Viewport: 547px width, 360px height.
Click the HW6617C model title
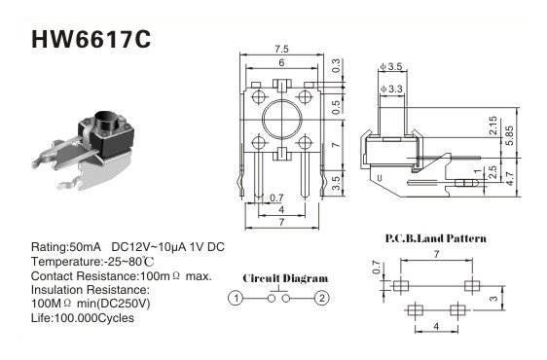(91, 39)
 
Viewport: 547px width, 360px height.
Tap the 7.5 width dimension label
(281, 50)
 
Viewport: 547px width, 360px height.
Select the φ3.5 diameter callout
(392, 66)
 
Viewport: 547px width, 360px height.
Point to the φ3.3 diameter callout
(391, 89)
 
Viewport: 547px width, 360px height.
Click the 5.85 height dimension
(510, 135)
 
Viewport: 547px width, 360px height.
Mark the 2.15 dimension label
(492, 126)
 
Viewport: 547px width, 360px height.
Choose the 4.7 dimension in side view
(510, 178)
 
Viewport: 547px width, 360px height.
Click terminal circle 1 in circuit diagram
(236, 299)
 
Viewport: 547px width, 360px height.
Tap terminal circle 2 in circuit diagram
(321, 299)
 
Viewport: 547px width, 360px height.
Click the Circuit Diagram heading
(285, 278)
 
